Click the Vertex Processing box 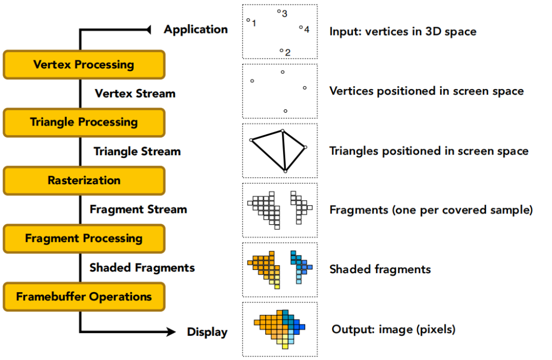[84, 65]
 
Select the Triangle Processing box [84, 122]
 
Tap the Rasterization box [84, 181]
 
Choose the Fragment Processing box [84, 239]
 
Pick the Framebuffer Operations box [84, 296]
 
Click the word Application [196, 30]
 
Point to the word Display [207, 332]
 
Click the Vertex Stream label [135, 94]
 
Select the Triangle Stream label [137, 151]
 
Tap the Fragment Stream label [138, 209]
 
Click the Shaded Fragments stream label [142, 268]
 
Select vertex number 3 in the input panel [279, 11]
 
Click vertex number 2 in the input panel [281, 51]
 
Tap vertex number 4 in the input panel [301, 27]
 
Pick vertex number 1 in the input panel [248, 20]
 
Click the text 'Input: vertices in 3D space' [403, 32]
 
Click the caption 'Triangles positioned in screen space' [429, 151]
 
